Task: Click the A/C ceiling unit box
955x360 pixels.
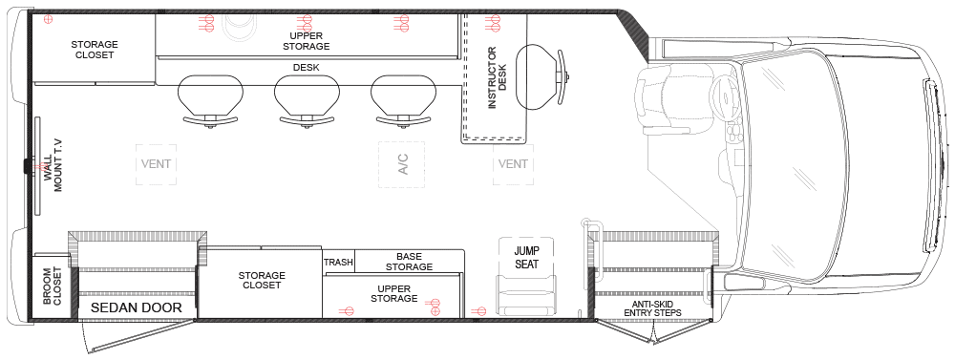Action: coord(401,164)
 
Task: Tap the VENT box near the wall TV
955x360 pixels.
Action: coord(156,164)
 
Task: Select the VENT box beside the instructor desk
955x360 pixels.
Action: coord(512,164)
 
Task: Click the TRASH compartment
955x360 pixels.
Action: coord(338,263)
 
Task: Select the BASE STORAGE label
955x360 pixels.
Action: coord(409,262)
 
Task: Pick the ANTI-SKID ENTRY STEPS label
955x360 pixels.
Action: coord(654,307)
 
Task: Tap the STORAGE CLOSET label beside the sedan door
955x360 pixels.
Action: coord(262,280)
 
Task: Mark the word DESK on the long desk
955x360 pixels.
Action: coord(306,68)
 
